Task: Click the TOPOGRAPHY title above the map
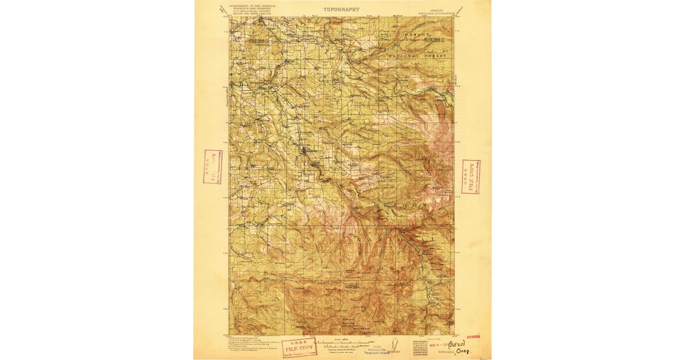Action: point(341,9)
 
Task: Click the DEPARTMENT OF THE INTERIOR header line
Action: point(252,5)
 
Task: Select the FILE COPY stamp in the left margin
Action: point(213,166)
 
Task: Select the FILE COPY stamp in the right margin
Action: point(470,176)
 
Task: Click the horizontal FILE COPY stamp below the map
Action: point(299,347)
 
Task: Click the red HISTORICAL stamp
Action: point(474,337)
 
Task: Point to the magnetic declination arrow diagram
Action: point(394,345)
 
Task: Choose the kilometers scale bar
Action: point(343,346)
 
